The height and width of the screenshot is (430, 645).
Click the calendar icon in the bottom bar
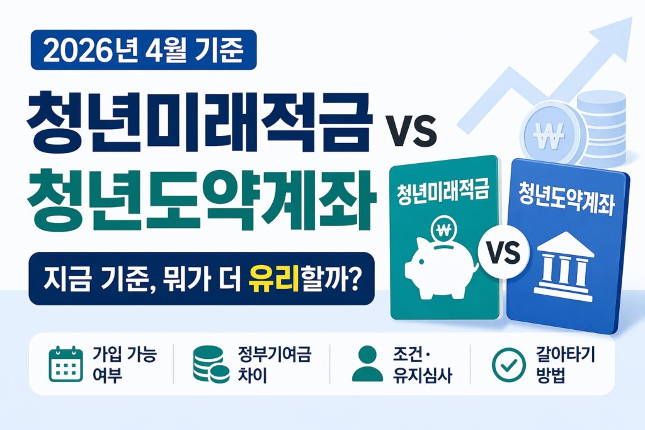point(66,364)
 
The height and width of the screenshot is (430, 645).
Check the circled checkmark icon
point(505,364)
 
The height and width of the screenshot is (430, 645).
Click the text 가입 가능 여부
point(124,365)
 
